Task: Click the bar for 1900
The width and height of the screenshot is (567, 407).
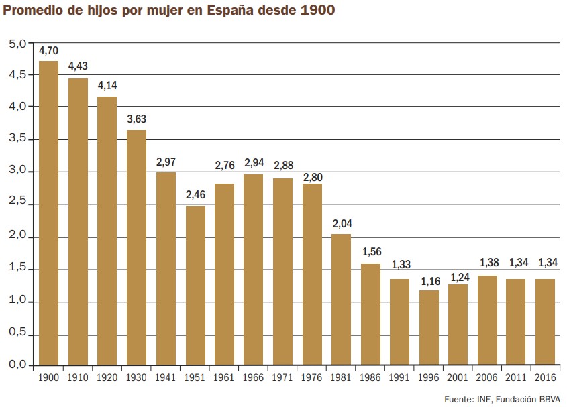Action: coord(49,213)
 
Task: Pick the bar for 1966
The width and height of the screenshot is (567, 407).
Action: coord(254,270)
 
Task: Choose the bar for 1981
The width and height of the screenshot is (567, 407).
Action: coord(342,299)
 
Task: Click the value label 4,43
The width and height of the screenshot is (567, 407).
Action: coord(78,66)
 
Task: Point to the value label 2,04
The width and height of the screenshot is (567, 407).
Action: coord(342,222)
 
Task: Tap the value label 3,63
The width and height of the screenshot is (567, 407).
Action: coord(137,119)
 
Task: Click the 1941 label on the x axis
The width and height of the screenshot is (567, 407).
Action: coord(166,377)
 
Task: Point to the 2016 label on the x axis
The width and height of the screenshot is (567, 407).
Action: coord(546,377)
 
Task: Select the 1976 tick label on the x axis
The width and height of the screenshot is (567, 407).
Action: coord(312,377)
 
